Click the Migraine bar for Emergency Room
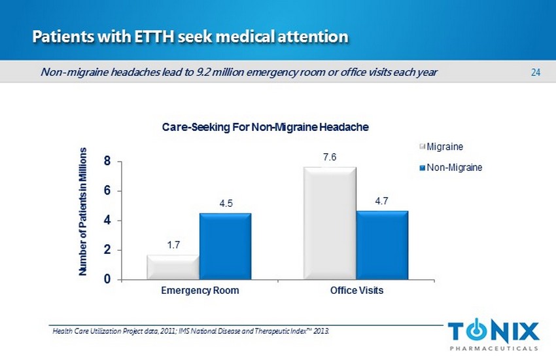(x=173, y=267)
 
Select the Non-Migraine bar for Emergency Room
(x=225, y=246)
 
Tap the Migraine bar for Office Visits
(x=330, y=223)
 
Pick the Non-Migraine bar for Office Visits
(x=382, y=245)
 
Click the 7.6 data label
(x=330, y=157)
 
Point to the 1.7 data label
(x=173, y=245)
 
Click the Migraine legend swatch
(x=423, y=145)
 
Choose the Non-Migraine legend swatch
(x=423, y=167)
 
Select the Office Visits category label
(x=356, y=291)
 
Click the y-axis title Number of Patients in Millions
(x=83, y=211)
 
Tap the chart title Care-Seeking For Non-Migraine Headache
(x=266, y=127)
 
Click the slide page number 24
(x=535, y=72)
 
